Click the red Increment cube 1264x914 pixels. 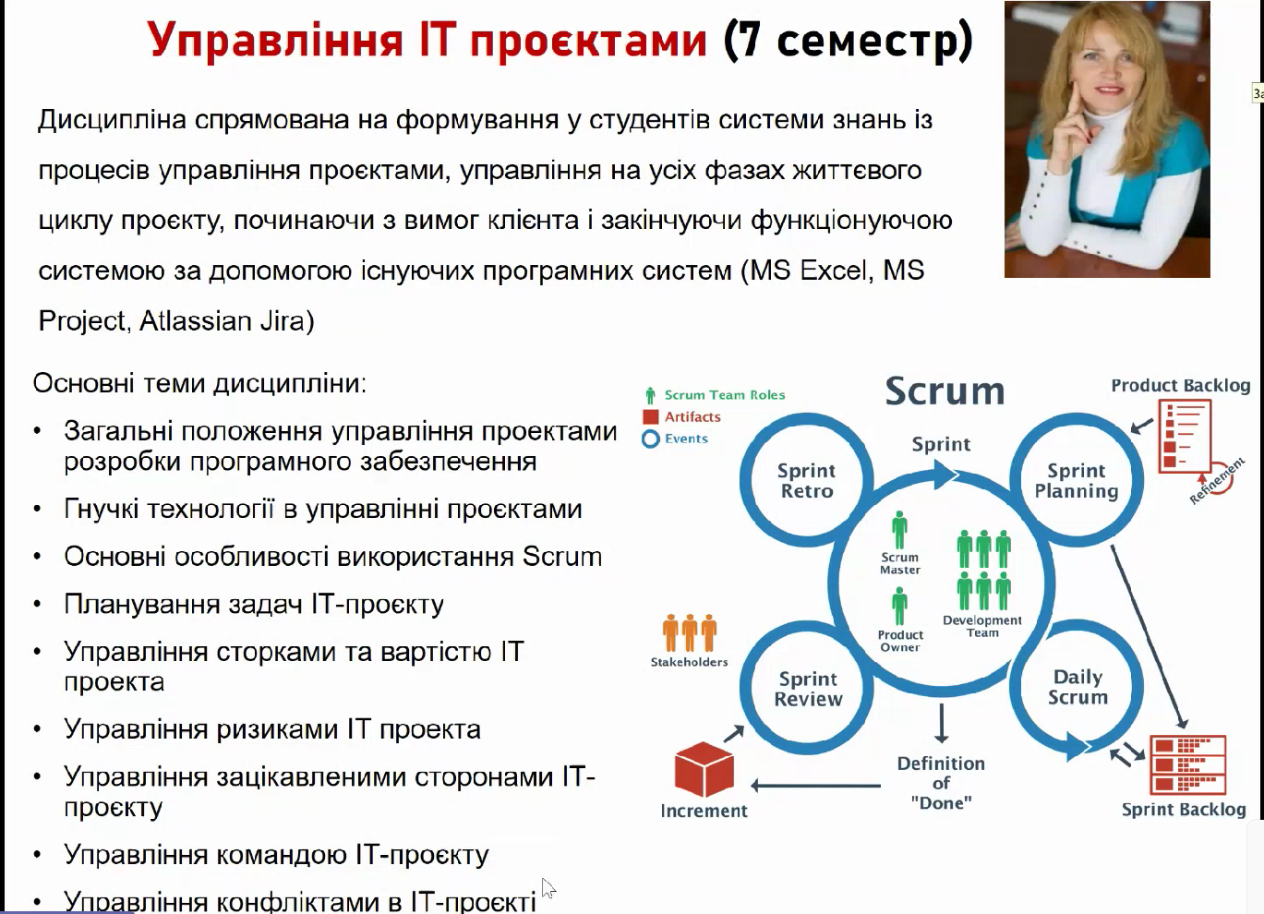[704, 769]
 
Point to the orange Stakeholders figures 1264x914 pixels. [689, 633]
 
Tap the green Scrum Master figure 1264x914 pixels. [899, 529]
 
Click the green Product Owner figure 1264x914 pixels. [899, 606]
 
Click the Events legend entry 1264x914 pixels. [675, 439]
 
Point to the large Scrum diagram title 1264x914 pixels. [945, 391]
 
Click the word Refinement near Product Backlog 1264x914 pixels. [1217, 481]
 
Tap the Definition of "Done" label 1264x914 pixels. [941, 783]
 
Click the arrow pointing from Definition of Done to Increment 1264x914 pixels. [815, 785]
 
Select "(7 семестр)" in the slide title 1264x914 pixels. [849, 40]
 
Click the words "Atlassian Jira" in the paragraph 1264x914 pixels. [227, 321]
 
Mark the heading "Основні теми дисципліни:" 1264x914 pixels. [199, 384]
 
